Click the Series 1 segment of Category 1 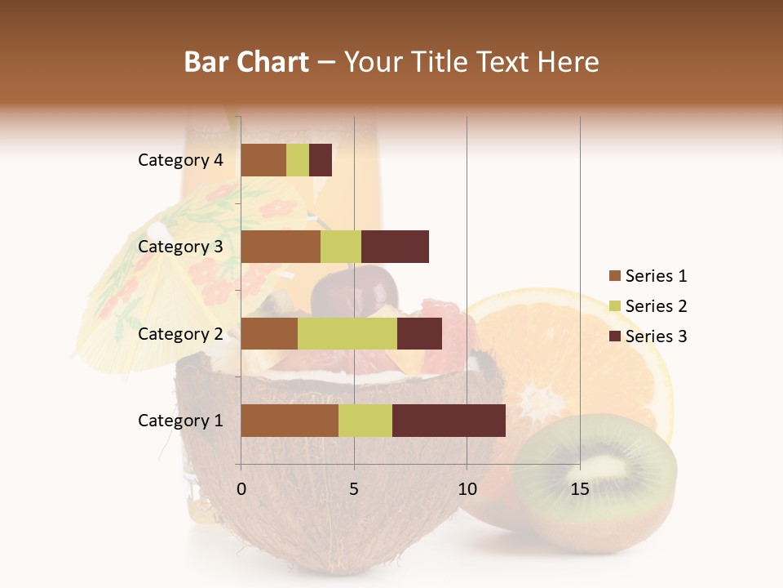[x=290, y=421]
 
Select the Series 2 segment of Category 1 [x=365, y=421]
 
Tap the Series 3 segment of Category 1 [x=449, y=421]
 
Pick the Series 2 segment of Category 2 [x=347, y=333]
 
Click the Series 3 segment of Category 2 [x=419, y=333]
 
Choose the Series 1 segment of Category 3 [x=281, y=247]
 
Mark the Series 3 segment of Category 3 [x=395, y=247]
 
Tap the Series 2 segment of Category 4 [x=298, y=160]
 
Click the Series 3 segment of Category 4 [x=321, y=160]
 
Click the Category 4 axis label [x=180, y=160]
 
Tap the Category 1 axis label [x=180, y=421]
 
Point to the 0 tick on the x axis [x=241, y=489]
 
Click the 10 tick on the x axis [x=467, y=489]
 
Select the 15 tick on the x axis [x=580, y=489]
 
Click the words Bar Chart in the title [x=246, y=62]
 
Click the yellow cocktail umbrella [x=155, y=269]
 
